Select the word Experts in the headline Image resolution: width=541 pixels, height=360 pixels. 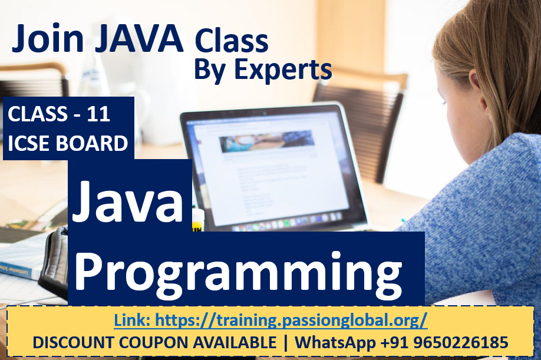coord(283,70)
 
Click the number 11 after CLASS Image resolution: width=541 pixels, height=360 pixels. coord(98,114)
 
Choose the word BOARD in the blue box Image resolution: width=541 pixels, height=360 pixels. coord(92,143)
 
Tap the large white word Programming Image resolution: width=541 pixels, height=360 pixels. coord(238,274)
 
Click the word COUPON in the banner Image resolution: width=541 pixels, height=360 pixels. coord(154,342)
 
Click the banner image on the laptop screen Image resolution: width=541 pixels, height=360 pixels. coord(267,141)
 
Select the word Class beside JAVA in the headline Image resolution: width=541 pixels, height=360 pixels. coord(231,41)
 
